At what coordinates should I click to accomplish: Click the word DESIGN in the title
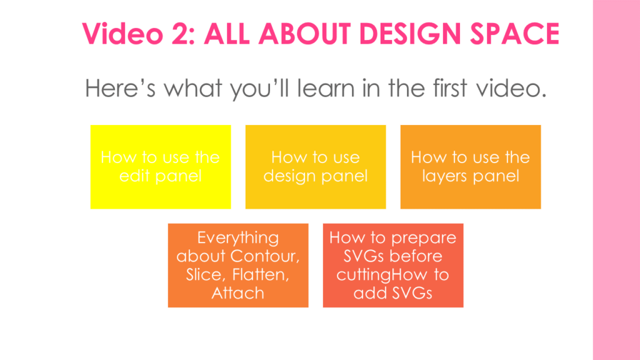pyautogui.click(x=411, y=34)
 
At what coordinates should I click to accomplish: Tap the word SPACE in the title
pyautogui.click(x=515, y=34)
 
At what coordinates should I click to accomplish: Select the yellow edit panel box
pyautogui.click(x=161, y=167)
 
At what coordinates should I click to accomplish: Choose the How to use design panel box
pyautogui.click(x=316, y=167)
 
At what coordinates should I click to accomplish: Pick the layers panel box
pyautogui.click(x=471, y=167)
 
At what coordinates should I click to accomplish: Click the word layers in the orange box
pyautogui.click(x=444, y=176)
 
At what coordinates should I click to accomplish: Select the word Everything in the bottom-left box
pyautogui.click(x=238, y=238)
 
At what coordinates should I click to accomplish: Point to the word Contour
pyautogui.click(x=265, y=256)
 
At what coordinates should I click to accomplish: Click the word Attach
pyautogui.click(x=238, y=293)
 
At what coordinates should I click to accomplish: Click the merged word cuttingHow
pyautogui.click(x=382, y=275)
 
